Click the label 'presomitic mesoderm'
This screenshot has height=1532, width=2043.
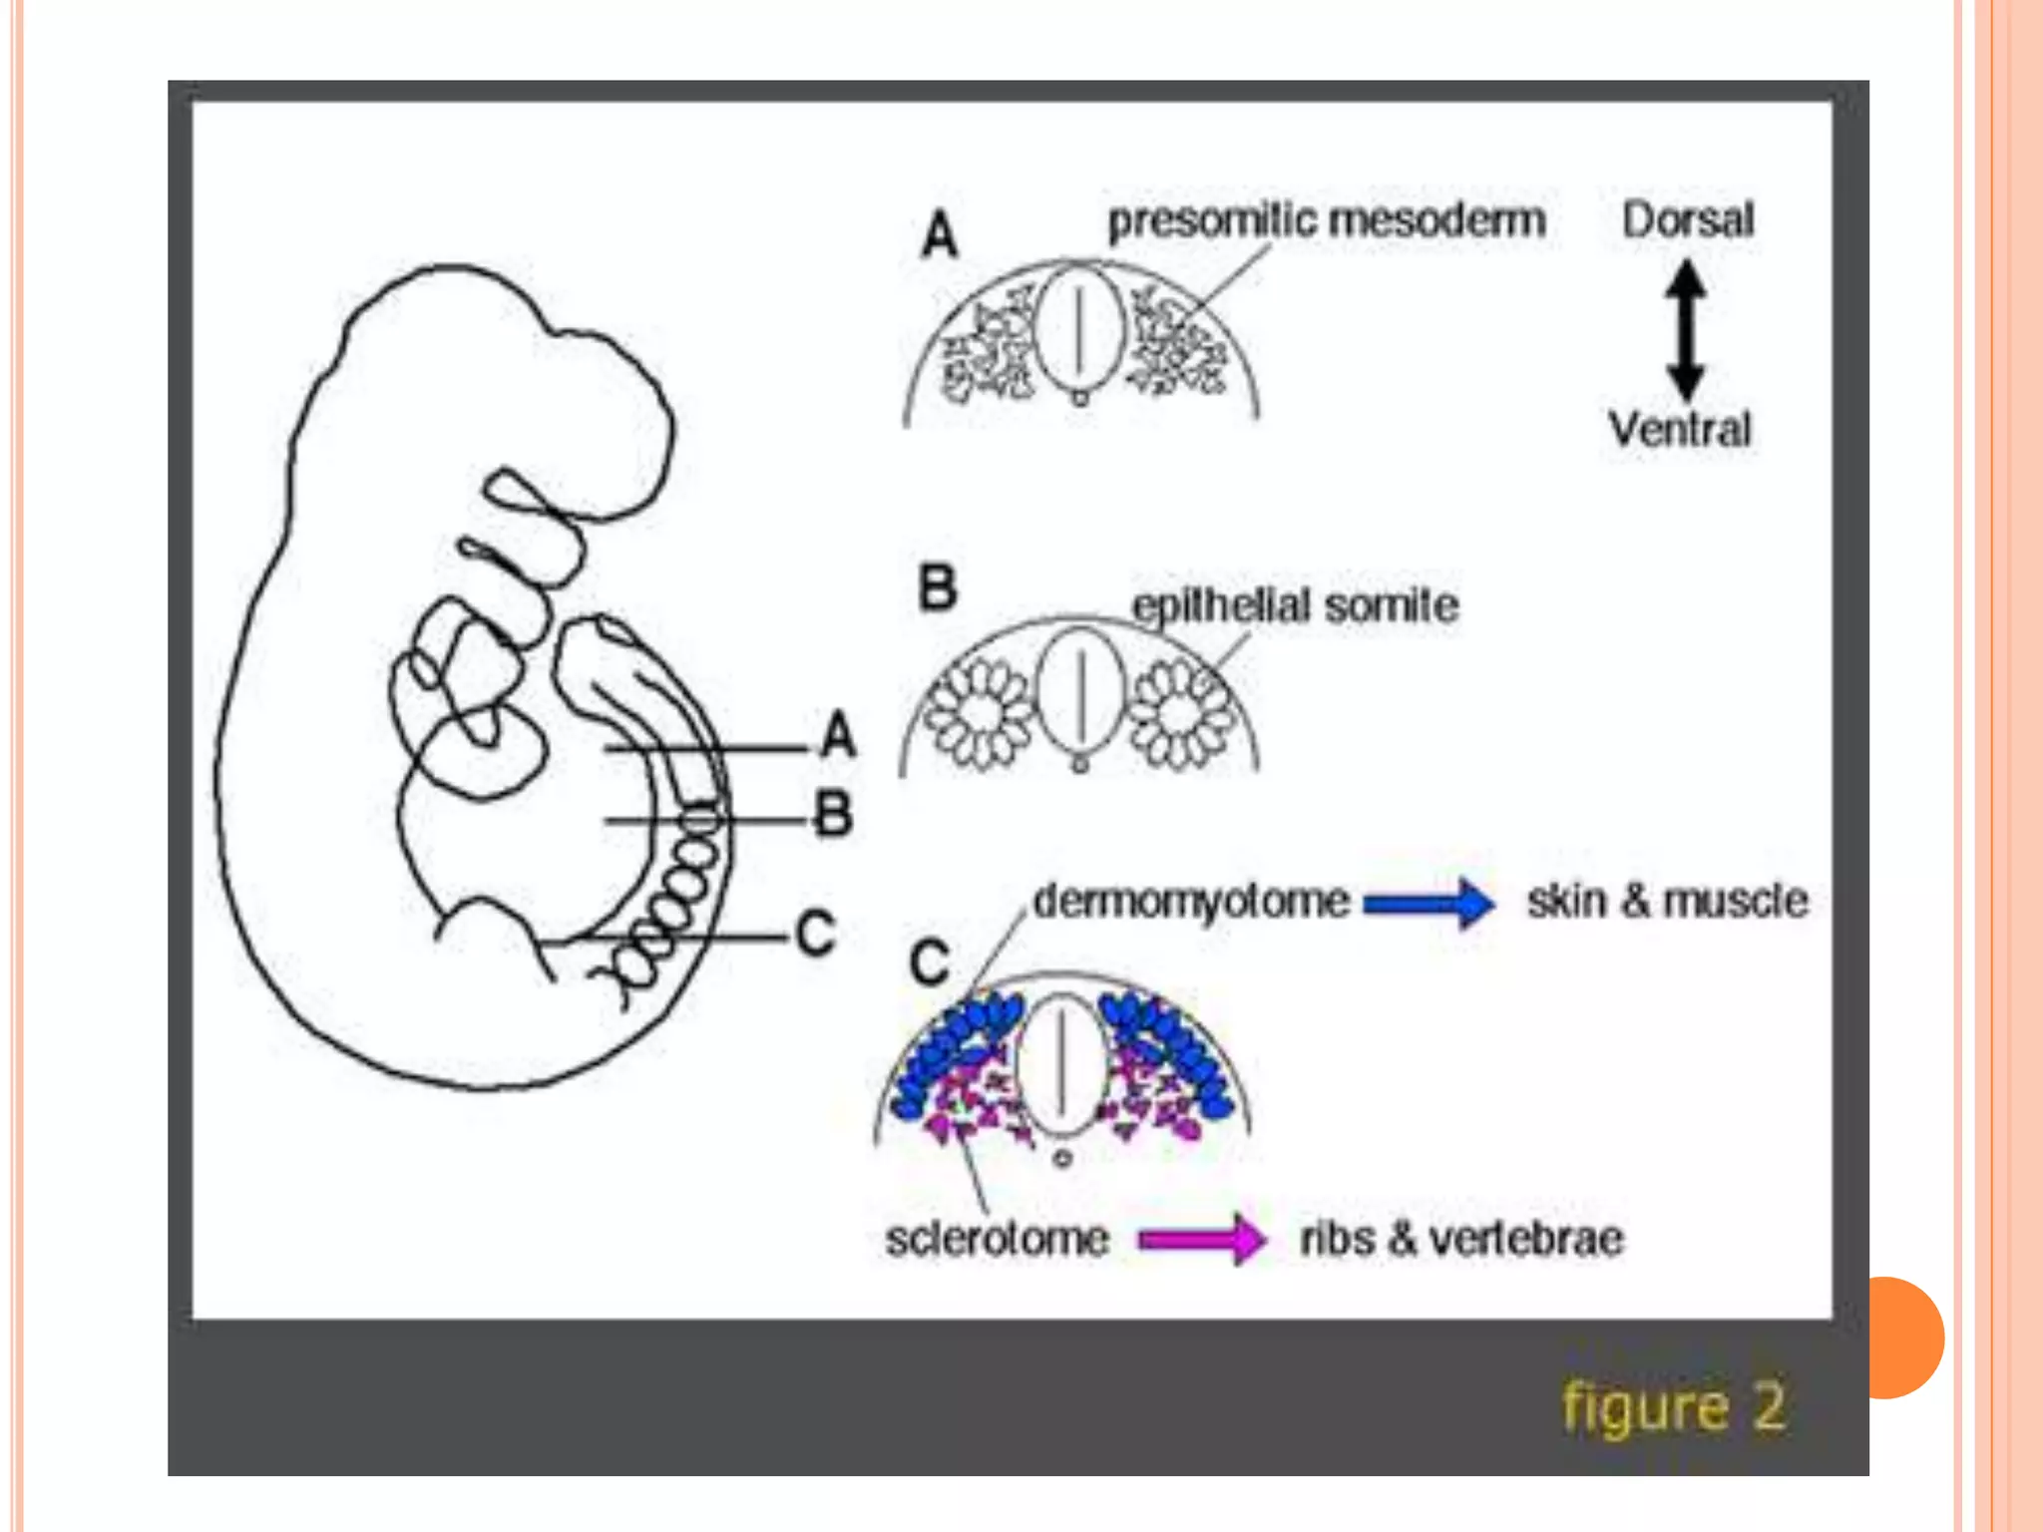tap(1326, 220)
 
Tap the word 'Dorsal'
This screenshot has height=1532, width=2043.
tap(1687, 220)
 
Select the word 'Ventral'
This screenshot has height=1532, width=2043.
tap(1680, 429)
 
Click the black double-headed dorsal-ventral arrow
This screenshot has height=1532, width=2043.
tap(1686, 328)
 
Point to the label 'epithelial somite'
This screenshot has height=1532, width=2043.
tap(1295, 605)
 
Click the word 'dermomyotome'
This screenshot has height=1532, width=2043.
tap(1191, 901)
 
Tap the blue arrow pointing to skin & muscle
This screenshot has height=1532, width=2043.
tap(1430, 903)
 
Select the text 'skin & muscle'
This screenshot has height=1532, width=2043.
tap(1667, 901)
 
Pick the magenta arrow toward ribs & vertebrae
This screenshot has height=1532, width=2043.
tap(1202, 1239)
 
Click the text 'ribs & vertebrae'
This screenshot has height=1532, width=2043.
tap(1461, 1239)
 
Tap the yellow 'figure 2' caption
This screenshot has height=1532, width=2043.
tap(1673, 1407)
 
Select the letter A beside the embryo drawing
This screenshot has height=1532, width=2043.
tap(838, 735)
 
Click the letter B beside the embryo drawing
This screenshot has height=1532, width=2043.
tap(834, 814)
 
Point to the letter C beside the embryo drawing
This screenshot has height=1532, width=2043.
tap(815, 935)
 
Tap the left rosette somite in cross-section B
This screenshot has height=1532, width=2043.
tap(979, 714)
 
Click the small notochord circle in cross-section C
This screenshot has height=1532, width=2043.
tap(1063, 1159)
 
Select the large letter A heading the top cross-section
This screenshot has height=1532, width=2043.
tap(940, 236)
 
